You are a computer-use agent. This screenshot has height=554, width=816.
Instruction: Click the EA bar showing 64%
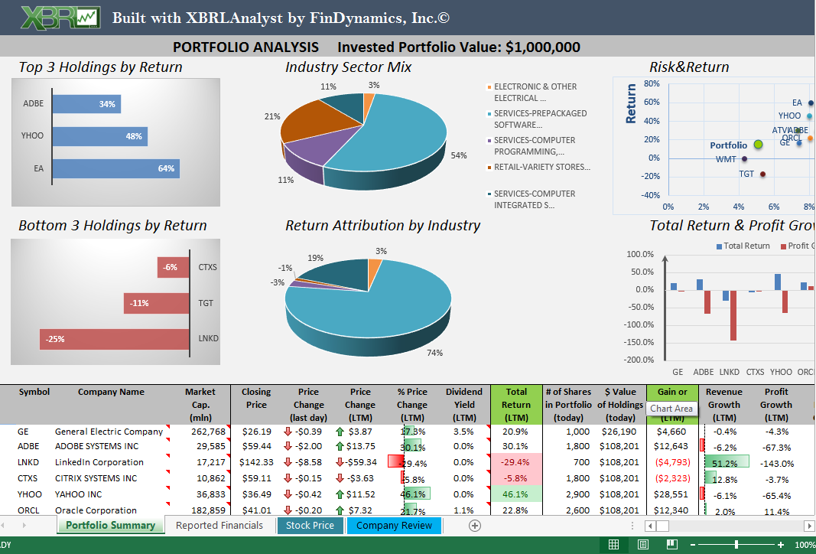pyautogui.click(x=115, y=168)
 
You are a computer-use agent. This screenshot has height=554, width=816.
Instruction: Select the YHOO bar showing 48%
pyautogui.click(x=99, y=136)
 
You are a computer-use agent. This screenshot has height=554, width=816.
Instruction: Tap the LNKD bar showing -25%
pyautogui.click(x=114, y=339)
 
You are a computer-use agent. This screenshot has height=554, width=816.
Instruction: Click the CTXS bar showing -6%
pyautogui.click(x=173, y=267)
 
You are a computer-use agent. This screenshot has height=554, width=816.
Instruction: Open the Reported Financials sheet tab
pyautogui.click(x=219, y=525)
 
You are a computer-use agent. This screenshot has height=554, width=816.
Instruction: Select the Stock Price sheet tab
pyautogui.click(x=310, y=525)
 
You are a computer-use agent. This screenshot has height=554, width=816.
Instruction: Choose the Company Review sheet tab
pyautogui.click(x=394, y=525)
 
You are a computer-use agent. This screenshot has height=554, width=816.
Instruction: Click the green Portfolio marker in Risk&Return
pyautogui.click(x=758, y=144)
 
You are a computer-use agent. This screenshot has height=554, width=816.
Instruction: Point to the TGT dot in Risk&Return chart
pyautogui.click(x=762, y=174)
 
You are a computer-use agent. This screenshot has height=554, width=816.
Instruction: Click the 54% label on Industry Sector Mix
pyautogui.click(x=458, y=155)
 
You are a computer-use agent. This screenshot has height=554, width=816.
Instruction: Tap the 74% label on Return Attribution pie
pyautogui.click(x=434, y=353)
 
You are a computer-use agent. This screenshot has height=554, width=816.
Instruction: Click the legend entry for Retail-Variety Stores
pyautogui.click(x=541, y=167)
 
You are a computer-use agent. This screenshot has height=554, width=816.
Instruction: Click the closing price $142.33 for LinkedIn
pyautogui.click(x=256, y=462)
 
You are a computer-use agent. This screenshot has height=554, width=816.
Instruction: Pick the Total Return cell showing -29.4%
pyautogui.click(x=516, y=462)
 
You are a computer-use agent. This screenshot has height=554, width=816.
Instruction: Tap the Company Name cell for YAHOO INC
pyautogui.click(x=78, y=494)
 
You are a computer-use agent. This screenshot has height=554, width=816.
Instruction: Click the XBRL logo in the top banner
pyautogui.click(x=60, y=18)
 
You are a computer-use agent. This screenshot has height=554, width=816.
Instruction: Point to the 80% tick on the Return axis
pyautogui.click(x=652, y=83)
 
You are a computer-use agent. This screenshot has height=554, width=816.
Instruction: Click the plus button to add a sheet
pyautogui.click(x=474, y=525)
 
